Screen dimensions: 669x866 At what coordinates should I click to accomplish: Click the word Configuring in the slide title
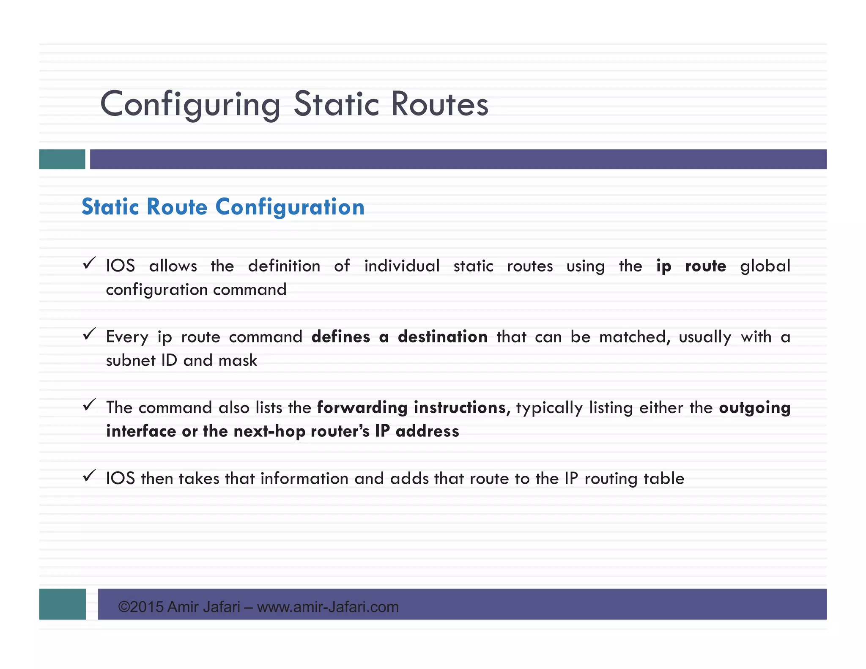[190, 104]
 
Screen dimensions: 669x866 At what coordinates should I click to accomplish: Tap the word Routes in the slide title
[440, 104]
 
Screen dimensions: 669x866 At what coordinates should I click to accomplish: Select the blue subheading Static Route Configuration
[223, 207]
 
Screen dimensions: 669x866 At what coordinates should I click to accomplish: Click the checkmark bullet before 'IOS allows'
[89, 263]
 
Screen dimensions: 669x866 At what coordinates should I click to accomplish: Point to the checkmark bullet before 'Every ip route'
[89, 334]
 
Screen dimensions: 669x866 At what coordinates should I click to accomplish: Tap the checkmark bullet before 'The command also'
[89, 405]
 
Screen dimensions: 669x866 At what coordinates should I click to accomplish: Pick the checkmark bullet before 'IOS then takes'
[89, 476]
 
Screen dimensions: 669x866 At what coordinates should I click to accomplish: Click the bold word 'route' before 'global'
[705, 266]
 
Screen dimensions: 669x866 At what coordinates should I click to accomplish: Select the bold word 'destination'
[442, 337]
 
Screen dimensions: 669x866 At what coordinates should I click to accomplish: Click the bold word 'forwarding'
[362, 408]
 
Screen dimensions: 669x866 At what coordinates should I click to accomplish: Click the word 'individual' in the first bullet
[402, 266]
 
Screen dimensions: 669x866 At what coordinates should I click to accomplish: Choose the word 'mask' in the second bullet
[238, 361]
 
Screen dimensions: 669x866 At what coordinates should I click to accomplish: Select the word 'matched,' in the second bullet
[635, 337]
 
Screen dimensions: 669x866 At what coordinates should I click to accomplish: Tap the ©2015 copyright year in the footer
[141, 607]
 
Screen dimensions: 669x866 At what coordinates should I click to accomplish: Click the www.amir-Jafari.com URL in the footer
[328, 607]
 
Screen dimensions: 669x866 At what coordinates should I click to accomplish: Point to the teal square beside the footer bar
[63, 604]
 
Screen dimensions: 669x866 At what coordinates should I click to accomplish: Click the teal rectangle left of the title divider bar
[62, 159]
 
